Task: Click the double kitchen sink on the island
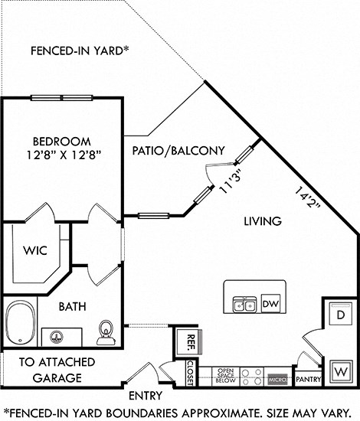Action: (245, 305)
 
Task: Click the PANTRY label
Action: (307, 379)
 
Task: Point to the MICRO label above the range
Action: (277, 379)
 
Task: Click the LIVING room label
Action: (263, 221)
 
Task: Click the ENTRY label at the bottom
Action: (146, 396)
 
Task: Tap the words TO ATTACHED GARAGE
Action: (57, 368)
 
